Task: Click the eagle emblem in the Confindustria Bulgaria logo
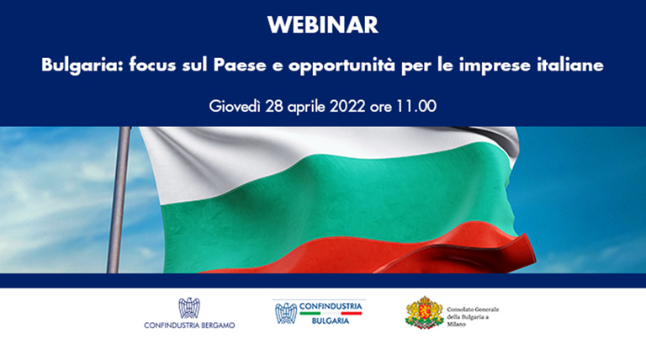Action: (x=286, y=313)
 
